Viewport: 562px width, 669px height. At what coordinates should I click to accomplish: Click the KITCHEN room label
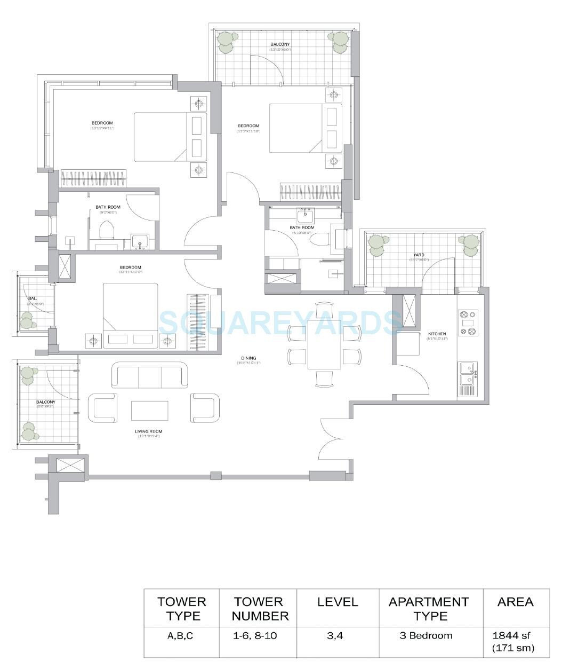pyautogui.click(x=436, y=334)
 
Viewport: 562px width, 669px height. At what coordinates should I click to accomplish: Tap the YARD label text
pyautogui.click(x=418, y=255)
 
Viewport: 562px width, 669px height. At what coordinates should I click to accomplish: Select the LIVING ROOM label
pyautogui.click(x=149, y=431)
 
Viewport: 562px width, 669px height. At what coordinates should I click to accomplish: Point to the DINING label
pyautogui.click(x=248, y=358)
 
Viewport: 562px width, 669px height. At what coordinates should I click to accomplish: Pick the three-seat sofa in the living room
pyautogui.click(x=149, y=375)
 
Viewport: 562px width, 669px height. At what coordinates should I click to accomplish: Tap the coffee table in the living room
pyautogui.click(x=149, y=411)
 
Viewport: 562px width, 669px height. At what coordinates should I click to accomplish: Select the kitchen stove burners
pyautogui.click(x=467, y=323)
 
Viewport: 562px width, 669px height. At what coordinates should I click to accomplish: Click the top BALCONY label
pyautogui.click(x=280, y=44)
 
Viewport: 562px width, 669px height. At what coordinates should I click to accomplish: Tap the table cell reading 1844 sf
pyautogui.click(x=515, y=641)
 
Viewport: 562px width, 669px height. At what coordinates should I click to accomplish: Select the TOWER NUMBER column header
pyautogui.click(x=261, y=609)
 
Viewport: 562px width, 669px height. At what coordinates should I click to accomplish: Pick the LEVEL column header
pyautogui.click(x=338, y=602)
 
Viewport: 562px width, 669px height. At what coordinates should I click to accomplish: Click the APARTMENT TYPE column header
pyautogui.click(x=430, y=609)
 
